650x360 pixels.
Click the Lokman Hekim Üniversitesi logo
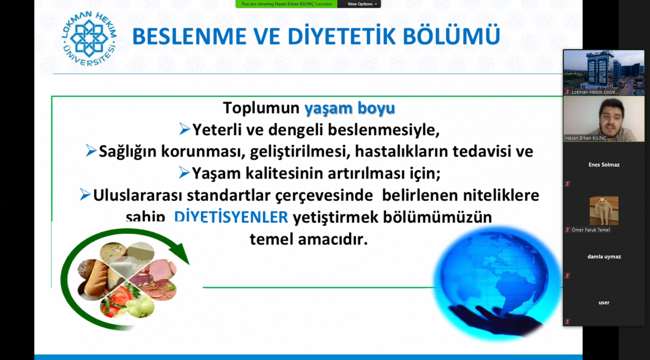[89, 38]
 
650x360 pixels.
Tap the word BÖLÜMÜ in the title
[451, 35]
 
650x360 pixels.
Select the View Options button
[362, 4]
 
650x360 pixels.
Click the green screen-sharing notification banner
[286, 4]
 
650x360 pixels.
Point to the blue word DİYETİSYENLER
[231, 216]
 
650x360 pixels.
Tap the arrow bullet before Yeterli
[185, 129]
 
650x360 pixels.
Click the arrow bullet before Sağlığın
[91, 151]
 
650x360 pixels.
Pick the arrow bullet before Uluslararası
[85, 195]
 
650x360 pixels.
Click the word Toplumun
[261, 108]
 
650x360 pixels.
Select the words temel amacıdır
[309, 239]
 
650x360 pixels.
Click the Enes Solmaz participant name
[604, 164]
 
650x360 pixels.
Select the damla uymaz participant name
[604, 256]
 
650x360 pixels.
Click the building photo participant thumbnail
[604, 72]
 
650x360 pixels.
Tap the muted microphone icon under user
[567, 321]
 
